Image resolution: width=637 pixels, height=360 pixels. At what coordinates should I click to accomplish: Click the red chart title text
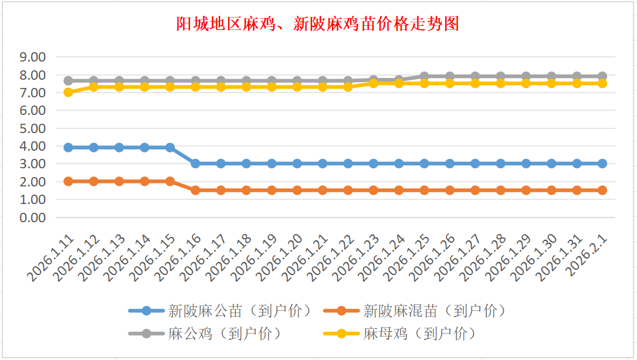click(x=318, y=23)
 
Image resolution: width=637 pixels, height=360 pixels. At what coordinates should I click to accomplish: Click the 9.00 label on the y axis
click(x=33, y=57)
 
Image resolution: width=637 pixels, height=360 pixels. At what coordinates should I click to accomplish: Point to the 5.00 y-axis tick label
click(x=33, y=128)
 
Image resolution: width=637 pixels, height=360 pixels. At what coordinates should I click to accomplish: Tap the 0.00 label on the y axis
click(x=33, y=218)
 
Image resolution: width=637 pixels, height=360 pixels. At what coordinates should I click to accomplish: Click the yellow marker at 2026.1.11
click(x=68, y=92)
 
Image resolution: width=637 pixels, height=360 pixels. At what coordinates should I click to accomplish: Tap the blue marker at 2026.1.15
click(x=170, y=148)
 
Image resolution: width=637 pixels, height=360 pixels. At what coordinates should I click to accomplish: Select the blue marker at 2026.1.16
click(x=195, y=164)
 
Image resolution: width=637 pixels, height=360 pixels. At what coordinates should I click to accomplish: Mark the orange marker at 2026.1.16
click(x=195, y=190)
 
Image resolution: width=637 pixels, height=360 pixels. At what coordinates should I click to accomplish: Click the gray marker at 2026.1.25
click(x=424, y=76)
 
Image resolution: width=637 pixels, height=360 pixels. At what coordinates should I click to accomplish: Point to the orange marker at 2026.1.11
click(x=68, y=181)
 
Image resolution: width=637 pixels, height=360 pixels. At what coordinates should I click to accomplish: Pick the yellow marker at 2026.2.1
click(x=602, y=83)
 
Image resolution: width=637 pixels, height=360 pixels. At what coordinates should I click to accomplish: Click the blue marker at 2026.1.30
click(x=551, y=164)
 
